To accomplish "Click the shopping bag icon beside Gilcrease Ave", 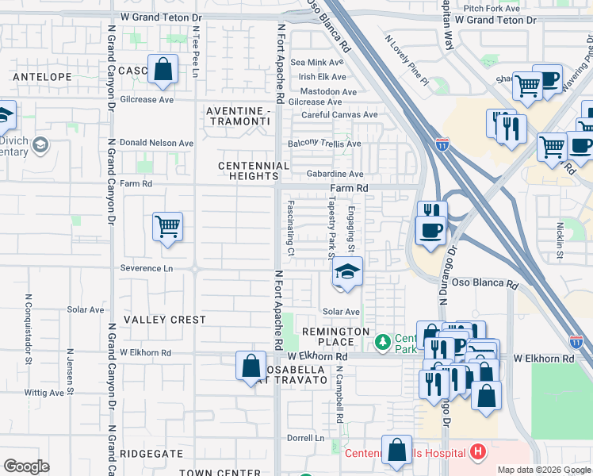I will (x=163, y=70).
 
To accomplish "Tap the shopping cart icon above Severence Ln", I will (x=167, y=228).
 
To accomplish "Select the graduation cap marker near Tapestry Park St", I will (x=346, y=272).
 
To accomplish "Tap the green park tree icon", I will (x=383, y=341).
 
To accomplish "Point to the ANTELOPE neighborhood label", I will (x=42, y=77).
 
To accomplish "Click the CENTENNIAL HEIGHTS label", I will (x=254, y=171).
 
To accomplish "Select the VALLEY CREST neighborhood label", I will (x=164, y=320).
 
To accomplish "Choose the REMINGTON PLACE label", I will (x=335, y=336).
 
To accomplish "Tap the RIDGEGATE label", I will (x=152, y=454).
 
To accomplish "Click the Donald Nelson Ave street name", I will (x=156, y=143).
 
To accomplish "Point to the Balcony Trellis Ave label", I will (x=324, y=144).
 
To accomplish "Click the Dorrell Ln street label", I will (x=306, y=438).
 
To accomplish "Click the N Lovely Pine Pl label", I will (x=405, y=59).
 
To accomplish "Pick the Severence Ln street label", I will (x=146, y=268).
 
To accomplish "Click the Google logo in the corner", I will (x=26, y=466).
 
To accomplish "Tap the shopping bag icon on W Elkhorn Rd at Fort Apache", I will (x=251, y=367).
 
